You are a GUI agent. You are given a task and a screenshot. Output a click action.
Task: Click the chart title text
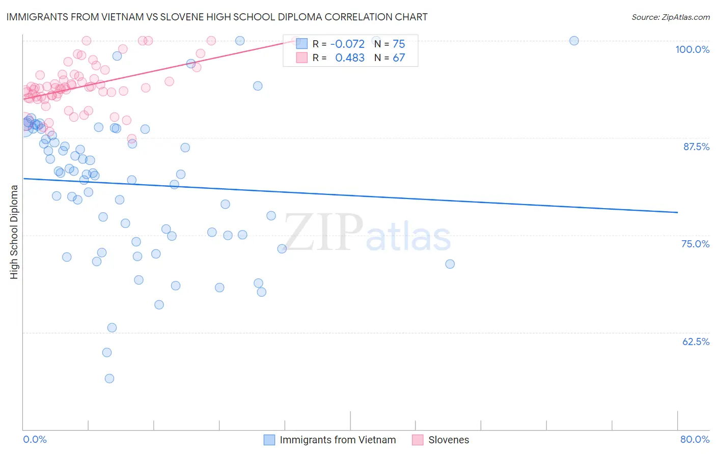click(x=217, y=17)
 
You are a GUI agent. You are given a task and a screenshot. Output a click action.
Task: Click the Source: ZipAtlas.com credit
click(x=670, y=17)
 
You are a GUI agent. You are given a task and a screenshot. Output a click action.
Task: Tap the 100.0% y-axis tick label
click(x=692, y=49)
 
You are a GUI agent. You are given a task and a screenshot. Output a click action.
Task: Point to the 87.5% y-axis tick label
click(x=696, y=147)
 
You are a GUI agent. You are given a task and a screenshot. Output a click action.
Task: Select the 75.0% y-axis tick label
click(x=695, y=244)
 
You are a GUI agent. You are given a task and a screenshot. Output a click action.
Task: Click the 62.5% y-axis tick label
click(x=696, y=342)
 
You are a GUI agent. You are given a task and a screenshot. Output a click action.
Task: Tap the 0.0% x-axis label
click(x=35, y=439)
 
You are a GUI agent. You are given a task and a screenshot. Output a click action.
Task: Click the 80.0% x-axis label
click(x=695, y=439)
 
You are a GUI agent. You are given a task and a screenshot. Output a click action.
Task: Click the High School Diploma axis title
click(x=14, y=232)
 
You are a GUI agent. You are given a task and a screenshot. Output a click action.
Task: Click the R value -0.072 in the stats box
click(x=347, y=44)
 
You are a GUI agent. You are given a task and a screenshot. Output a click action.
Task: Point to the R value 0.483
click(x=349, y=58)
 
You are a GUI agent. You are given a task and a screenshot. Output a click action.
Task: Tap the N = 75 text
click(x=390, y=44)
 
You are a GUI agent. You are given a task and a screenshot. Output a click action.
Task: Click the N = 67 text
click(x=390, y=58)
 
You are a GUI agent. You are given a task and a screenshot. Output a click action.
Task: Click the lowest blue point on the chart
click(x=109, y=378)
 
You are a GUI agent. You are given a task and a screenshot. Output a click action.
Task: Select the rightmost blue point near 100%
click(x=574, y=41)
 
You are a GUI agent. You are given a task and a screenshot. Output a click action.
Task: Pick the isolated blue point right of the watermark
click(x=450, y=264)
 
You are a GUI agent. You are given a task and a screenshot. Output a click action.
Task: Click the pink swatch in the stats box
click(x=302, y=58)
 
